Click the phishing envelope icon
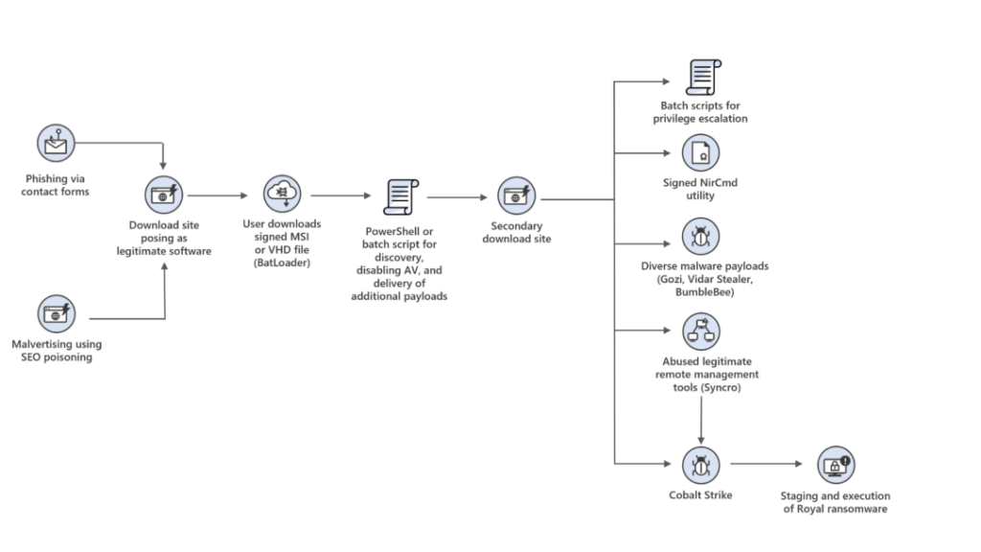(56, 145)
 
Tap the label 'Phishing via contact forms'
(57, 185)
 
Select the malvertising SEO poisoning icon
(56, 313)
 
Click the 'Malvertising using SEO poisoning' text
(57, 351)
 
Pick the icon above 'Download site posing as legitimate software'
(165, 195)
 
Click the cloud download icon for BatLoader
(283, 195)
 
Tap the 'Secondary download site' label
(516, 232)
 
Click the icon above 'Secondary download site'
(516, 195)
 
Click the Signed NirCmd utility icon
(701, 153)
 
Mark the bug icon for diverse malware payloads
(701, 236)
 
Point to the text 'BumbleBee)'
(703, 291)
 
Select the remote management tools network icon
(701, 333)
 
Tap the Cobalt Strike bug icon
(701, 465)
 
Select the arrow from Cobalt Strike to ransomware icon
(766, 465)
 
